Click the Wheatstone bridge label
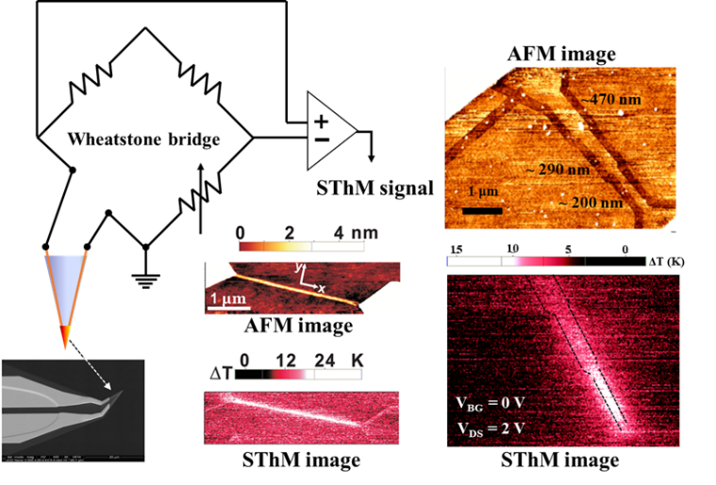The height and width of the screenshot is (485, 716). pyautogui.click(x=144, y=140)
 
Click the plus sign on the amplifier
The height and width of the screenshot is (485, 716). pyautogui.click(x=321, y=121)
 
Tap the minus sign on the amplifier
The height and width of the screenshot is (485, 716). pyautogui.click(x=321, y=139)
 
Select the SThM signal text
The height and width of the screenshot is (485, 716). pyautogui.click(x=375, y=188)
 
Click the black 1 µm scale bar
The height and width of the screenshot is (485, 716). pyautogui.click(x=482, y=209)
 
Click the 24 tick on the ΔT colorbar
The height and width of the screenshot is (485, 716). pyautogui.click(x=330, y=360)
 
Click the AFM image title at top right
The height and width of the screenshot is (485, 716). pyautogui.click(x=563, y=54)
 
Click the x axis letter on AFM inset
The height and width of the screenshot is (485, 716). pyautogui.click(x=322, y=286)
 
